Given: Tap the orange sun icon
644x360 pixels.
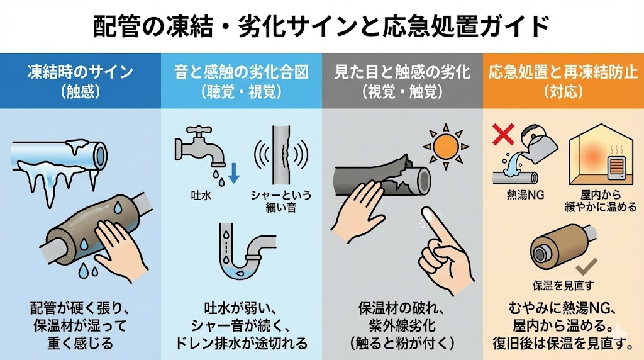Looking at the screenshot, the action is (x=446, y=146).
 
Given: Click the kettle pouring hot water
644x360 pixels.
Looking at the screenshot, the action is (x=538, y=141).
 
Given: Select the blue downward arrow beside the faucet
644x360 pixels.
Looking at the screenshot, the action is (x=234, y=172).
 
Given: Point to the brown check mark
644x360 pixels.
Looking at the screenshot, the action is (x=587, y=267).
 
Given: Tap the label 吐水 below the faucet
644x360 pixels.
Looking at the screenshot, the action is (x=201, y=195).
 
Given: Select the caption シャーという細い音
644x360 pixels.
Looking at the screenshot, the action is (x=281, y=201).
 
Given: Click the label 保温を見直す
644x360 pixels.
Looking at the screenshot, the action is (x=563, y=285).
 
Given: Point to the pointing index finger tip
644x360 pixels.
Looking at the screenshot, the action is (x=427, y=211).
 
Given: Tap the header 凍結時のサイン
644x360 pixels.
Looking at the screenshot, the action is (x=80, y=72).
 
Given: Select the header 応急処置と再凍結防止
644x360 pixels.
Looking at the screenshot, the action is (x=563, y=72).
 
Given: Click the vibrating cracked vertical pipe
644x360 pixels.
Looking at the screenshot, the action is (x=281, y=155).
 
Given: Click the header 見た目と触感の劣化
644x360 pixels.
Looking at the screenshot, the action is (x=402, y=72).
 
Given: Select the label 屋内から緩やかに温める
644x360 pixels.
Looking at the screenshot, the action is (x=601, y=201).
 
